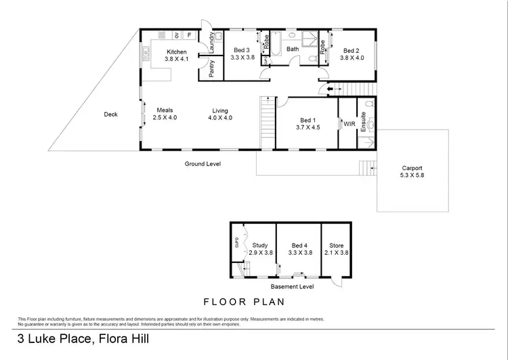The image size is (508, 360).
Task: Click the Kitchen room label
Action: click(x=177, y=52)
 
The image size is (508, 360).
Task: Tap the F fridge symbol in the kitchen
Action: click(x=189, y=35)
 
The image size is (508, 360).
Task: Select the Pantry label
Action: click(x=212, y=69)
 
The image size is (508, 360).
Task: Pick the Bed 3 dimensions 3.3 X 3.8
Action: click(x=242, y=58)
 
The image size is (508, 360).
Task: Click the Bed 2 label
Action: click(x=350, y=50)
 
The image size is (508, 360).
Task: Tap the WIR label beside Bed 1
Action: click(x=350, y=124)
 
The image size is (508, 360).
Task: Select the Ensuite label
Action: click(x=364, y=121)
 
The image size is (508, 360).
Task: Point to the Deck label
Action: click(x=110, y=115)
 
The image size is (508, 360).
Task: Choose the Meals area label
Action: click(x=165, y=111)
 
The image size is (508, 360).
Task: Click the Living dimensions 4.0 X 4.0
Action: click(x=220, y=118)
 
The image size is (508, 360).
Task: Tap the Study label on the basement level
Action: click(x=260, y=245)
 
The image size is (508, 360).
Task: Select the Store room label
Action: click(x=337, y=245)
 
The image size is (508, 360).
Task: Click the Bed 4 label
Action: click(x=299, y=245)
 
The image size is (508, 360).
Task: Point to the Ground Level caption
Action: click(x=203, y=163)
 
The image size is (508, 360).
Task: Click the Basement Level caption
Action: click(x=291, y=286)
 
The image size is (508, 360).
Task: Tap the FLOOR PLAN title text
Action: click(x=244, y=302)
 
